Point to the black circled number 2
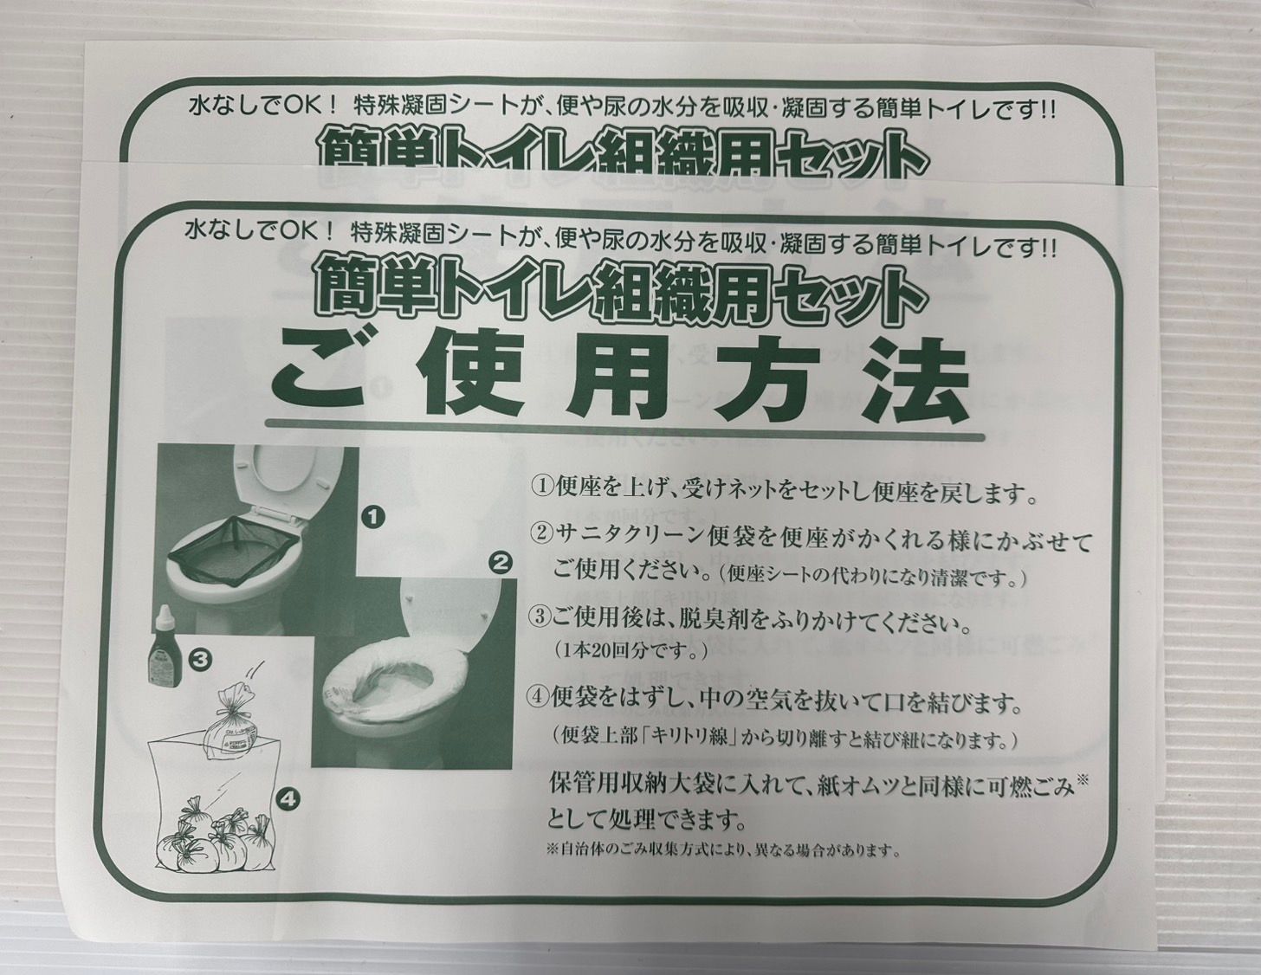(x=500, y=564)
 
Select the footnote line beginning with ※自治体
(x=722, y=849)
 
